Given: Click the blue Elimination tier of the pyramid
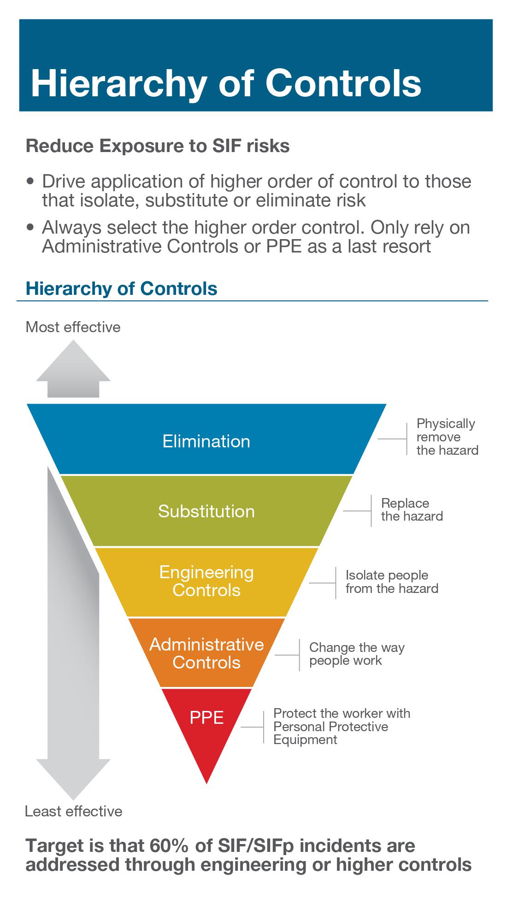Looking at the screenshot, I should (206, 441).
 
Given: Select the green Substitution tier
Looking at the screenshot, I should (206, 511).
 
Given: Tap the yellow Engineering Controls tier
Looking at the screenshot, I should (206, 581).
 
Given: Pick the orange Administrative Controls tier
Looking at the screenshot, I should (206, 653).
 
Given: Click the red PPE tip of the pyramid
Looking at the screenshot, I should (206, 723).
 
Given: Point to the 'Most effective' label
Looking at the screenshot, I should (73, 327).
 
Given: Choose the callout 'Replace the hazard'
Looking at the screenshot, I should (412, 510).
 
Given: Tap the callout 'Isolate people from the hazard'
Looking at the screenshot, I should (392, 582).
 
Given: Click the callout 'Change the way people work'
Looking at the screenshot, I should (356, 654).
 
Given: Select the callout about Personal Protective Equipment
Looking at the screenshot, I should (341, 727).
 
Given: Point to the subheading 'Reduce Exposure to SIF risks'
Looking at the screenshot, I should (158, 146).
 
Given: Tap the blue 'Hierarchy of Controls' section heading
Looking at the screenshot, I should (121, 288).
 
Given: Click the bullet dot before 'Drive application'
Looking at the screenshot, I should (31, 181).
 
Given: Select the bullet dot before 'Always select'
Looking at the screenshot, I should (31, 227).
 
